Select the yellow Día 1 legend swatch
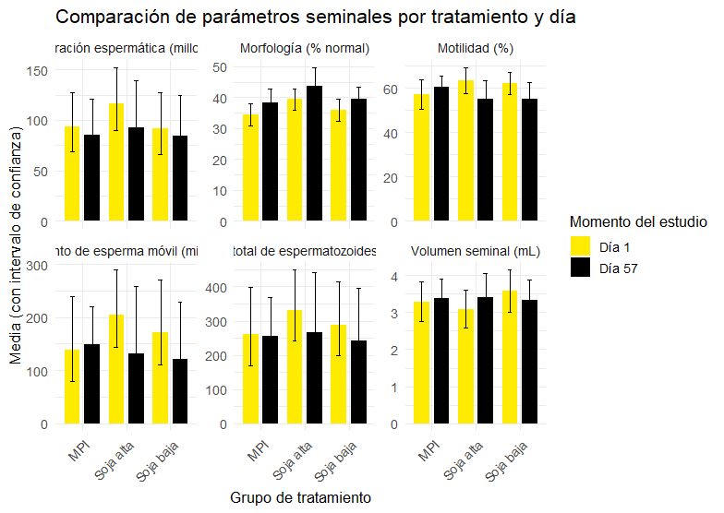(581, 245)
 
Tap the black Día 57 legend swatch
(581, 268)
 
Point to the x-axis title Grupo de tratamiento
(300, 497)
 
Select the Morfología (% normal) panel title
(304, 48)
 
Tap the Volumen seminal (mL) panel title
(477, 250)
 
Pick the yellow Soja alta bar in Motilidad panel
(465, 151)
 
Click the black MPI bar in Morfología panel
(270, 162)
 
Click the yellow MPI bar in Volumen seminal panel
(421, 364)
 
